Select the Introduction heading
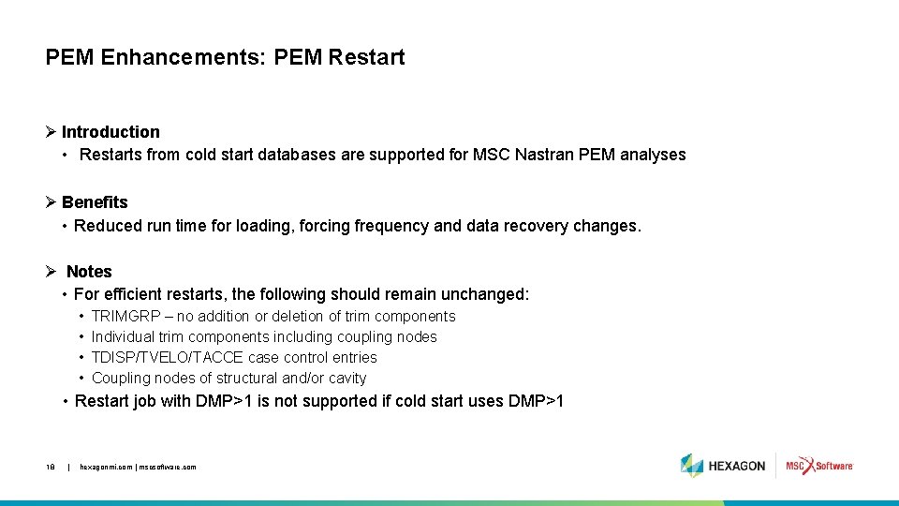click(111, 132)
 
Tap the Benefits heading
click(95, 202)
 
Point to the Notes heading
click(89, 272)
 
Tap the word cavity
click(346, 379)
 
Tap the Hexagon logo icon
click(692, 466)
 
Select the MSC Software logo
click(819, 466)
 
